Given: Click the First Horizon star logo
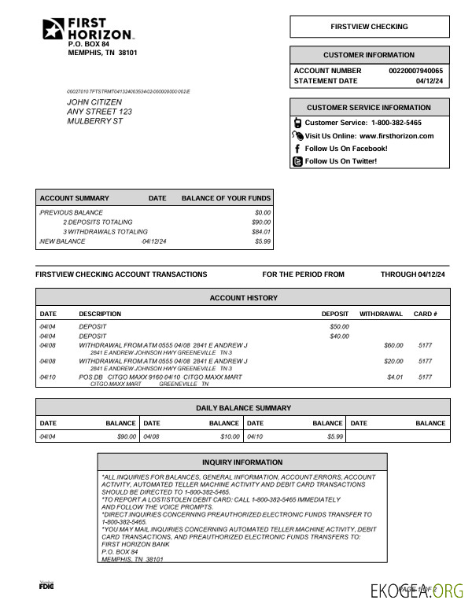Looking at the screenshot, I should pos(53,29).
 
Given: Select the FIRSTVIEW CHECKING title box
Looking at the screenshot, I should pos(369,27).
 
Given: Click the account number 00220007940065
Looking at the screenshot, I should pos(415,71).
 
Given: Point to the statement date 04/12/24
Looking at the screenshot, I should pos(430,81).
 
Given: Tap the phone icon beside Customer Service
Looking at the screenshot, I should pos(297,123).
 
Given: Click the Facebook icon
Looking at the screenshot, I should pos(297,149).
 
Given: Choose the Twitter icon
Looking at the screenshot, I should pos(297,161).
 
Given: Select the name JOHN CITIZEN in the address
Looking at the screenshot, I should pos(94,102).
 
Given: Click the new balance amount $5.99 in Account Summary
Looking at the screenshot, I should pos(263,241).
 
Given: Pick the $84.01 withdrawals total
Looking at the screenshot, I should pos(261,232).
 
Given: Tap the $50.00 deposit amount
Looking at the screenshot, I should pos(339,326).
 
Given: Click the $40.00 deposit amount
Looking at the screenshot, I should pos(339,337).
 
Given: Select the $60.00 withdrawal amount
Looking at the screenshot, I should pos(393,345).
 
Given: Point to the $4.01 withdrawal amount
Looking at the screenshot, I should pos(394,377).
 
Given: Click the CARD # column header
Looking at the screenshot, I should pos(425,314).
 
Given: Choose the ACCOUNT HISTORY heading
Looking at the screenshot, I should pos(243,298).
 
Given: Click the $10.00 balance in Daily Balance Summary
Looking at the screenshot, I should pos(230,436).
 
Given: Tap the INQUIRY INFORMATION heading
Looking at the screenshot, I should pos(242,462).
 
